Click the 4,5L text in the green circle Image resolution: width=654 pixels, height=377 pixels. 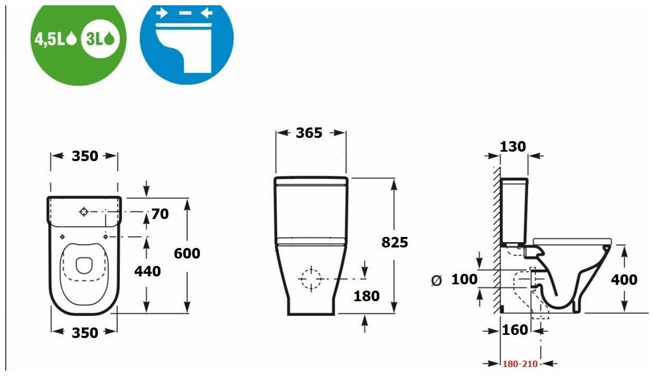pos(49,39)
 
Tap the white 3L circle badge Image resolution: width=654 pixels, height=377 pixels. pos(100,39)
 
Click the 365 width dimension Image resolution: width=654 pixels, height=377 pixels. pos(309,133)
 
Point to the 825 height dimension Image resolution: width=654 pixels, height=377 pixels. pos(395,242)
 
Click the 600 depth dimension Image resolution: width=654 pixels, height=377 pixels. pos(187,253)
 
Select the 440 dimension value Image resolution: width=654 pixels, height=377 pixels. pos(147,272)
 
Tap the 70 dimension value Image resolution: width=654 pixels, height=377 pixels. pos(160,214)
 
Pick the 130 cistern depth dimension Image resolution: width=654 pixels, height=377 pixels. pos(513,147)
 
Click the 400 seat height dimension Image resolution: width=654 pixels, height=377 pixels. pos(624,280)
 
